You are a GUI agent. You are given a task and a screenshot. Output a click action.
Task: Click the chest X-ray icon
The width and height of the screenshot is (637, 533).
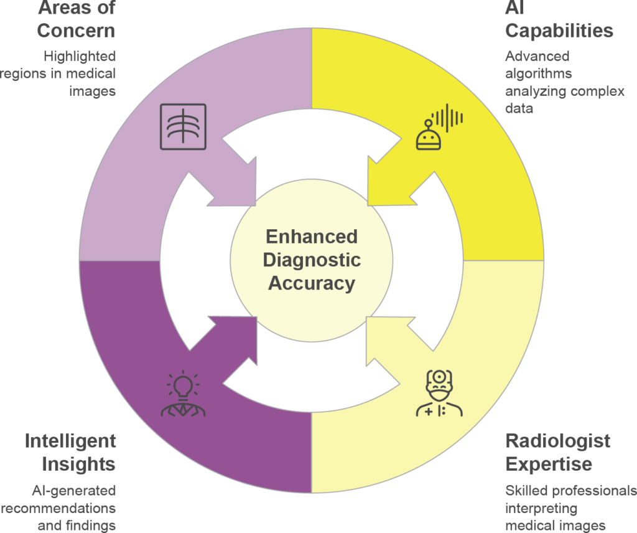point(182,126)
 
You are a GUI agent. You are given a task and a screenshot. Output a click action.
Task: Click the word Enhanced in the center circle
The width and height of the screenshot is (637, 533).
point(312,237)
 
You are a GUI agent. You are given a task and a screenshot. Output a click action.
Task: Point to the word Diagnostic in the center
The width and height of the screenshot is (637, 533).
point(312,260)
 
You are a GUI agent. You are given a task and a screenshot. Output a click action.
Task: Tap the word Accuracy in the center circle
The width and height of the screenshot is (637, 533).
point(312,283)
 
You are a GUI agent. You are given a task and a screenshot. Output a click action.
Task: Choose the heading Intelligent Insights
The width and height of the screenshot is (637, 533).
point(70,452)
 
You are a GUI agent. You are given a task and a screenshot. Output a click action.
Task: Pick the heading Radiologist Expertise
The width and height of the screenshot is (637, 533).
point(557,452)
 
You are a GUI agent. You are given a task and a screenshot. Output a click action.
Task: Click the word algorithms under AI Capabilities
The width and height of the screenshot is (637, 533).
point(539,73)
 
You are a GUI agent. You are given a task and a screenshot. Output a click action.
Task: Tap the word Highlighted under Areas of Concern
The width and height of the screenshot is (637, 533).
point(79,56)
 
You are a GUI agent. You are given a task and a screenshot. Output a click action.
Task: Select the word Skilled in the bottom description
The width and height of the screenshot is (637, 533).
point(524,490)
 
